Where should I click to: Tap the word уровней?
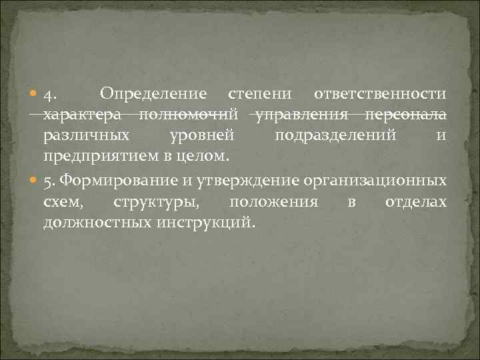tap(201, 137)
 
